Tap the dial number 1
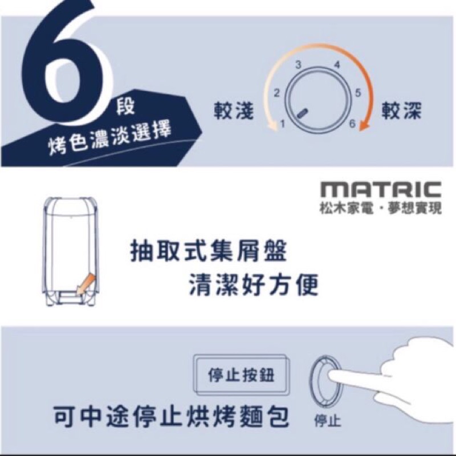282,124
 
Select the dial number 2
276,93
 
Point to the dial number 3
298,65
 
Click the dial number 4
337,64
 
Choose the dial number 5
358,93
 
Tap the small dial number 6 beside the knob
352,124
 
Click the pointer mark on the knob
303,113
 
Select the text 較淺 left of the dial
234,111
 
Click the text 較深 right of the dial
401,111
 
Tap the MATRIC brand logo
381,189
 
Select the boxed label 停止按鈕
242,374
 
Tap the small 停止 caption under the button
327,420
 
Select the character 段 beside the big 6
125,107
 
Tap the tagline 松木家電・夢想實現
381,208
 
